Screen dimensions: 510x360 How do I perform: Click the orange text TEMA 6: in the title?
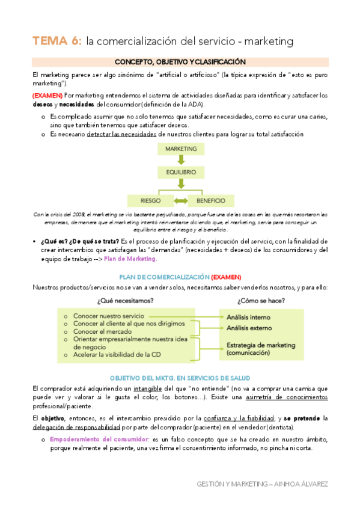(x=57, y=41)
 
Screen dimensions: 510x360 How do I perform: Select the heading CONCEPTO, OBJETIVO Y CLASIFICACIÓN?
(x=180, y=62)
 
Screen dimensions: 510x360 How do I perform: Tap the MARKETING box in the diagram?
(x=180, y=149)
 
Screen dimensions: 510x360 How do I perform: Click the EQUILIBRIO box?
(x=180, y=173)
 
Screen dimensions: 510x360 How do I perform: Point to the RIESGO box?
(x=149, y=200)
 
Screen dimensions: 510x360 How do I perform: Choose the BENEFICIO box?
(x=210, y=200)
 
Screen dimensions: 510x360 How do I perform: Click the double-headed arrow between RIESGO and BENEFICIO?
(x=180, y=200)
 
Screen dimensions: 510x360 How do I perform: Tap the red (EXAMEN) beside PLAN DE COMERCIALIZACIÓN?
(x=225, y=277)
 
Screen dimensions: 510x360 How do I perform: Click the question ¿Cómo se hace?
(x=261, y=300)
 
